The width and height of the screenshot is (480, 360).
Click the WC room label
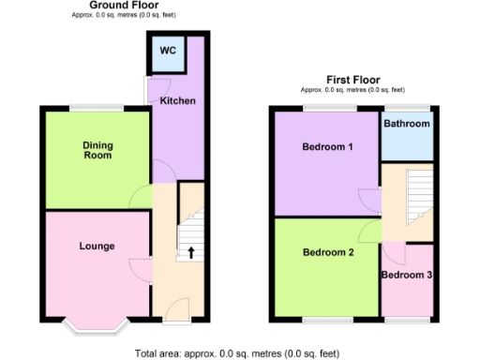(x=168, y=51)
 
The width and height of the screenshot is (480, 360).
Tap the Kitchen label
(x=177, y=100)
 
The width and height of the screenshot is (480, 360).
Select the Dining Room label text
(x=97, y=150)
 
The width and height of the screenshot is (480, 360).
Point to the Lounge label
(x=97, y=247)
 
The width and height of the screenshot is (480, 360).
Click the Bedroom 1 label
(x=327, y=147)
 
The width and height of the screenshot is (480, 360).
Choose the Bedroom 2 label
(x=327, y=252)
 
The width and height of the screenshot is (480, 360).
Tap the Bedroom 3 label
(x=407, y=275)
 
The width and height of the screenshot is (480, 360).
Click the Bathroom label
(x=407, y=124)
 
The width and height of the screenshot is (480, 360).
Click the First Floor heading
(x=352, y=80)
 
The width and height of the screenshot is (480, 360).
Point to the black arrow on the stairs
(x=191, y=252)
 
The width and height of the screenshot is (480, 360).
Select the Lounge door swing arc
(x=140, y=269)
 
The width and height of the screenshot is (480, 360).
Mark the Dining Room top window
(x=97, y=107)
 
